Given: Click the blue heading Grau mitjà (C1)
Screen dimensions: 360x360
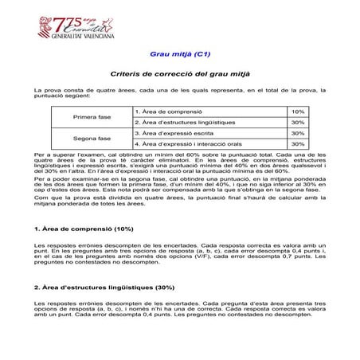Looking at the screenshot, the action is click(x=180, y=56).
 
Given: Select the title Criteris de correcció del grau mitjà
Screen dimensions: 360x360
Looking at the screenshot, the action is click(x=179, y=73).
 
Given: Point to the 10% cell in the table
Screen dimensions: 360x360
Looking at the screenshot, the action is click(x=298, y=112).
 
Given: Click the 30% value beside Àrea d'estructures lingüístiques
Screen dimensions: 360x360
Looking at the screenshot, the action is click(x=298, y=123).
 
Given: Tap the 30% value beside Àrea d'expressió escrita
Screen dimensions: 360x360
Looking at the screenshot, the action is click(x=298, y=133).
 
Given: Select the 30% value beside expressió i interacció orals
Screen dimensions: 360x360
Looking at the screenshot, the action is click(x=298, y=144).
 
